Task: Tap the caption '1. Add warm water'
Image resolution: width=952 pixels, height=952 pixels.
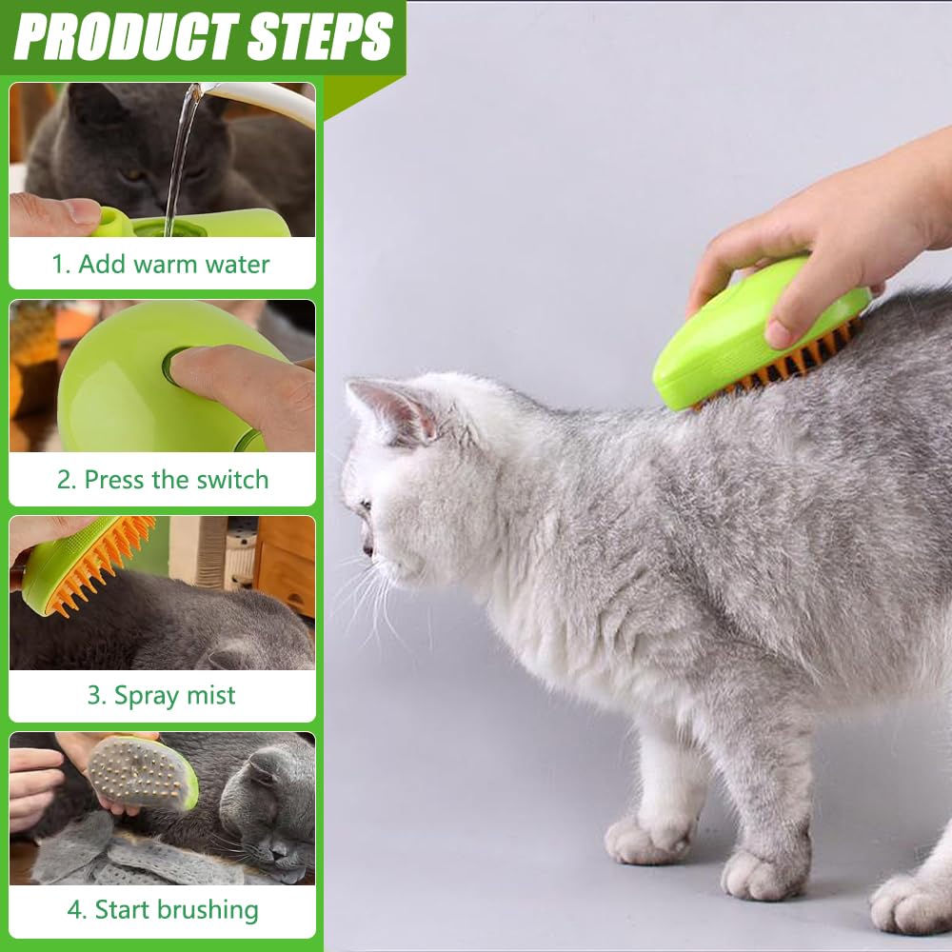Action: click(x=161, y=264)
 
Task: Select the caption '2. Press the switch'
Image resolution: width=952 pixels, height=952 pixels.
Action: click(x=163, y=480)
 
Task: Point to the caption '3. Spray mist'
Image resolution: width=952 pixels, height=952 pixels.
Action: click(x=161, y=696)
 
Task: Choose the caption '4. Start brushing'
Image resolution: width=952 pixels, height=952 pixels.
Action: click(x=163, y=910)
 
